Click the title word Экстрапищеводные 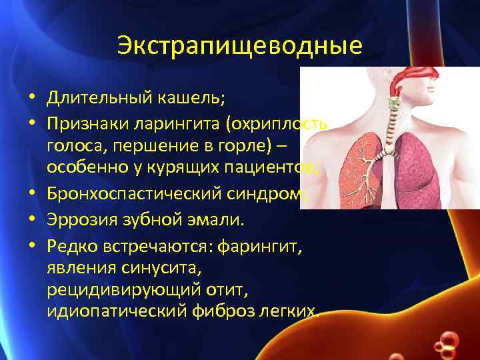pos(240,46)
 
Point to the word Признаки pos(89,125)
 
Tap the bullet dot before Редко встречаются pos(33,248)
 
